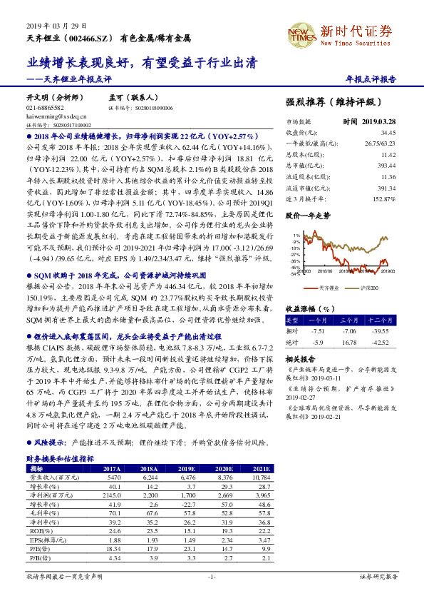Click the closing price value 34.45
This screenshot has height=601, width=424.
tap(388, 133)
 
